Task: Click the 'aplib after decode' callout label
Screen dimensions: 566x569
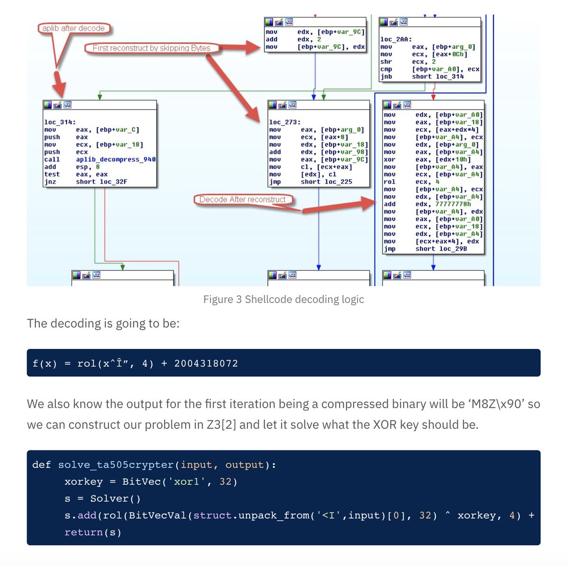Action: click(x=73, y=28)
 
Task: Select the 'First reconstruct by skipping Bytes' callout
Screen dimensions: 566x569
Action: click(x=151, y=48)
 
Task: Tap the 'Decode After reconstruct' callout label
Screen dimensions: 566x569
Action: click(x=242, y=200)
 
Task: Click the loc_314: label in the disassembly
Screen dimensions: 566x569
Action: click(x=60, y=122)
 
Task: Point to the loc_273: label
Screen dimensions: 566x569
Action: click(x=284, y=122)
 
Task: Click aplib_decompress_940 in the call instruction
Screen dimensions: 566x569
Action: click(x=116, y=159)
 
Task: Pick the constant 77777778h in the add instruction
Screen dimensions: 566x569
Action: click(x=453, y=204)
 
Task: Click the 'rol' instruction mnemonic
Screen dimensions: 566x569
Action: click(x=389, y=182)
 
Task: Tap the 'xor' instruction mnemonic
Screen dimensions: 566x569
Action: click(x=389, y=159)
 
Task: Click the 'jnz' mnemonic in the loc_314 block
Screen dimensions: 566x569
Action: click(x=50, y=182)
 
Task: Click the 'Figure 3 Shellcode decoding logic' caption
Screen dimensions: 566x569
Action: click(x=284, y=299)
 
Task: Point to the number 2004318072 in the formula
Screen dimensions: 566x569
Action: click(x=206, y=364)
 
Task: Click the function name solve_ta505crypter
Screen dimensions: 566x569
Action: click(x=116, y=465)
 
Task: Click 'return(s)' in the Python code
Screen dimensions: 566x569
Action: click(x=93, y=532)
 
